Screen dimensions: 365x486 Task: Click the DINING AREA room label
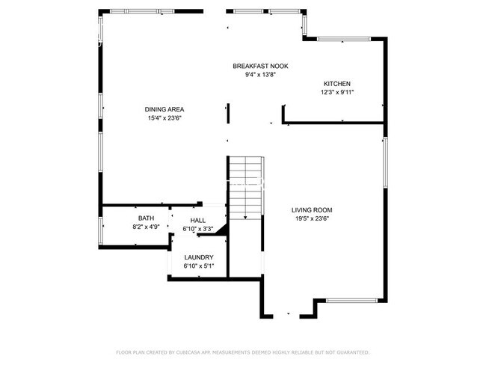pyautogui.click(x=164, y=110)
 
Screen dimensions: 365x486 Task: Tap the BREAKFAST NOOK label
pyautogui.click(x=260, y=67)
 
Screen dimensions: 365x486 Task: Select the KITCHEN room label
pyautogui.click(x=336, y=84)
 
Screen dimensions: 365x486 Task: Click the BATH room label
pyautogui.click(x=146, y=218)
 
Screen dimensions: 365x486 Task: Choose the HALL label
pyautogui.click(x=198, y=221)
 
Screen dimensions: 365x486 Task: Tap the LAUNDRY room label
pyautogui.click(x=199, y=257)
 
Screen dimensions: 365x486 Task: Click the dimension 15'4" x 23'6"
pyautogui.click(x=164, y=118)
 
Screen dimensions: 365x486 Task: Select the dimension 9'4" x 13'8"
pyautogui.click(x=260, y=75)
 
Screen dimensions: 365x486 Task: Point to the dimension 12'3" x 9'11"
pyautogui.click(x=336, y=93)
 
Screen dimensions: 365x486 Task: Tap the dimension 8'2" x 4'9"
pyautogui.click(x=146, y=226)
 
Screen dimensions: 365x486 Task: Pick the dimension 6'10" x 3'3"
pyautogui.click(x=198, y=229)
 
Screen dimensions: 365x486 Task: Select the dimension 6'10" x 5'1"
pyautogui.click(x=199, y=266)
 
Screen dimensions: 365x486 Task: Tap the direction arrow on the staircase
pyautogui.click(x=245, y=216)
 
